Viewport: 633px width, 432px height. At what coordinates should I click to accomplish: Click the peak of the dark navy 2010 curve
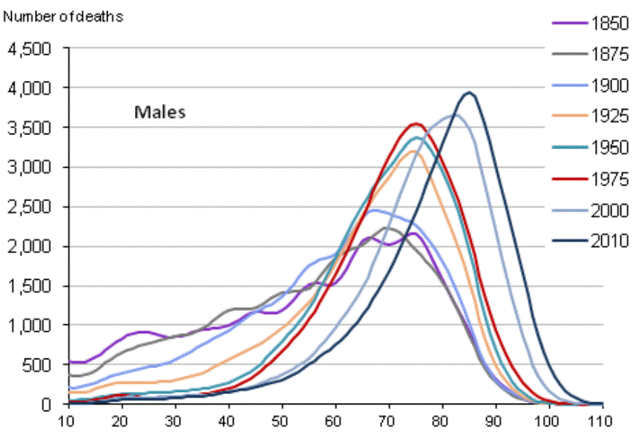468,93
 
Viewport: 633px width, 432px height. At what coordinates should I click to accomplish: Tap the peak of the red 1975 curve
416,124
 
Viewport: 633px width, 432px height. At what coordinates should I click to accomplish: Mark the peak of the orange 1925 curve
413,151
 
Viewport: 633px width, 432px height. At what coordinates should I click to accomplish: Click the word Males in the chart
160,113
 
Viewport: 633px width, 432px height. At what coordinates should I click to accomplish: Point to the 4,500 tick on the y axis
29,49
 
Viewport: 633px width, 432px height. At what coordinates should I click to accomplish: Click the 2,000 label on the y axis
29,246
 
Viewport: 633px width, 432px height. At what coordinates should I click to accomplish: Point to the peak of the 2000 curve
454,115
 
